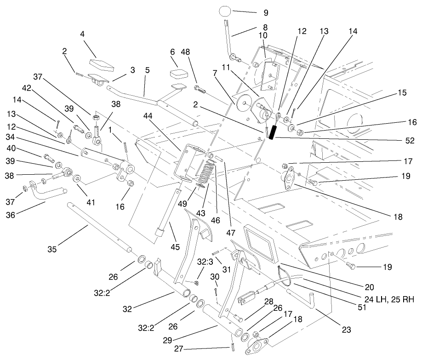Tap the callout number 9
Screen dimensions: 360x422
[265, 12]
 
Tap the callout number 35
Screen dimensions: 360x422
[52, 250]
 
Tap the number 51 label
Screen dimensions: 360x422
[363, 307]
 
